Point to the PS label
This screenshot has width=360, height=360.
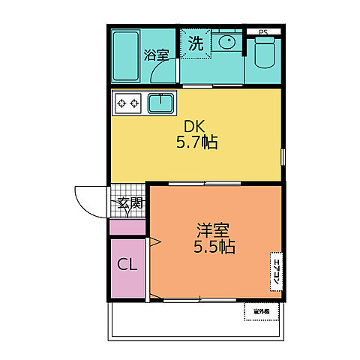[262, 32]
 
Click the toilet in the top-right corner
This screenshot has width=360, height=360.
[264, 52]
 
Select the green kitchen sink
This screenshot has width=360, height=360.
[161, 101]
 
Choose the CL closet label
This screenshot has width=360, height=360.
[127, 265]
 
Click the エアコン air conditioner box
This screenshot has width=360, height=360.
[275, 270]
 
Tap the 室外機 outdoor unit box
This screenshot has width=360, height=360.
[261, 311]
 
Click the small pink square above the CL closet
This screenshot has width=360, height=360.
[127, 227]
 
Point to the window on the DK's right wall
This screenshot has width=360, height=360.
[283, 159]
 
